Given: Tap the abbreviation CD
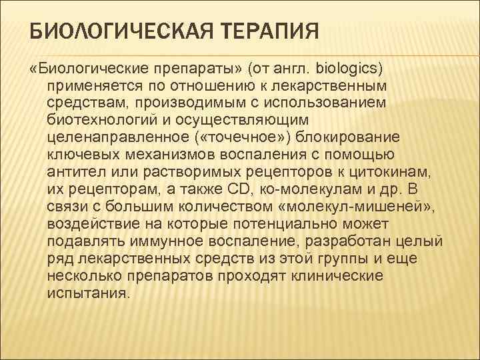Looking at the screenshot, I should coord(241,189).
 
